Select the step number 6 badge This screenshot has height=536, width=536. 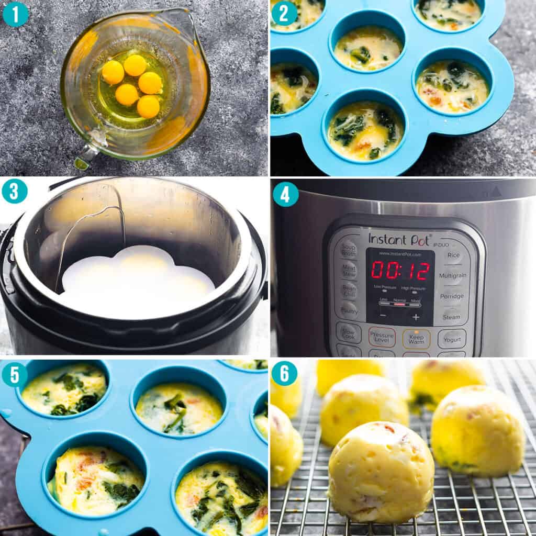284,373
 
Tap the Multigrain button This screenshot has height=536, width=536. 453,275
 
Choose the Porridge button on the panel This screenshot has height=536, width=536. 452,296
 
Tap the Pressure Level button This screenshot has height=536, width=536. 382,338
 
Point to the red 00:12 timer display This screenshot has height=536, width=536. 400,271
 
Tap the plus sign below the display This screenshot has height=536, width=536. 416,317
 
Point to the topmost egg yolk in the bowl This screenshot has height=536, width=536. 135,65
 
